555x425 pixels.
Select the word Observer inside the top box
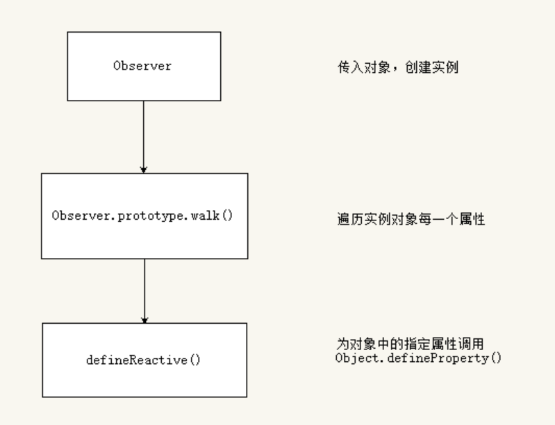click(142, 66)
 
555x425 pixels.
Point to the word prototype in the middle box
click(151, 216)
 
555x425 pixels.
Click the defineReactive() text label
click(143, 360)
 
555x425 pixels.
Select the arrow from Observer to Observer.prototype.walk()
click(144, 137)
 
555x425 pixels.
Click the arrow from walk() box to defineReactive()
click(144, 291)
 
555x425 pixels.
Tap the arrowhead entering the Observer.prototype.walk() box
click(144, 170)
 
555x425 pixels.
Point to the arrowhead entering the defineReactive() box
click(144, 320)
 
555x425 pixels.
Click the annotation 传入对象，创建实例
click(398, 67)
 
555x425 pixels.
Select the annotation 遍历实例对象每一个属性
click(411, 219)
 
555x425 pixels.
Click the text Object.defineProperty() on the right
click(418, 358)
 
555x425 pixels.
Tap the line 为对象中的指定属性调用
click(410, 343)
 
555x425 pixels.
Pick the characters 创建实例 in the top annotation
click(431, 67)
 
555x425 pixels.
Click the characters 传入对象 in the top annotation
click(364, 67)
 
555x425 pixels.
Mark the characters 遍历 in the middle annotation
click(350, 219)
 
